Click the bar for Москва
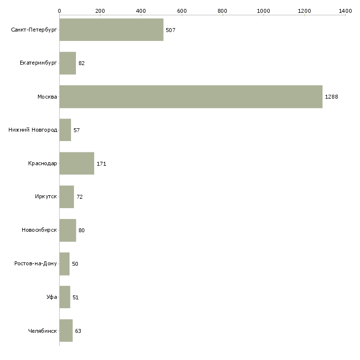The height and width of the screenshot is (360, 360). point(190,97)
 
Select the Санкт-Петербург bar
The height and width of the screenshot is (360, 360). point(111,30)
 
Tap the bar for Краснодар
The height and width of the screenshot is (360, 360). point(76,163)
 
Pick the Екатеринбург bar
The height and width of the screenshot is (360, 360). point(68,63)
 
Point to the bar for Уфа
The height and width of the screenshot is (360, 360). point(65,297)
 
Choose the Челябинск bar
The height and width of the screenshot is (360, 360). point(66,330)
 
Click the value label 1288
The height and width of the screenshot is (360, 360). point(331,97)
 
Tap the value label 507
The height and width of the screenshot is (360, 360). point(171,30)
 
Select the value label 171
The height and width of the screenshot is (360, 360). point(102,164)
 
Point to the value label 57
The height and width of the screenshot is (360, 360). point(76,130)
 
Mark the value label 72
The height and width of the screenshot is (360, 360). point(79,197)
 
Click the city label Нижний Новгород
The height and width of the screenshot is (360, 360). point(33,130)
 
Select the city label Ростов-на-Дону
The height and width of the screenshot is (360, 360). point(36,264)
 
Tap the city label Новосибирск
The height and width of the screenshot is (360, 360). point(39,230)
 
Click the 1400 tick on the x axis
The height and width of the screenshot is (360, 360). point(345,10)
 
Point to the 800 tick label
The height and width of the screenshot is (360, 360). point(223,10)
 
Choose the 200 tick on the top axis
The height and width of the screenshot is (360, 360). point(100,10)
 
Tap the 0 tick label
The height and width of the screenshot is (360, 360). point(59,10)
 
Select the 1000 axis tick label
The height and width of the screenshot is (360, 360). point(263,10)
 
